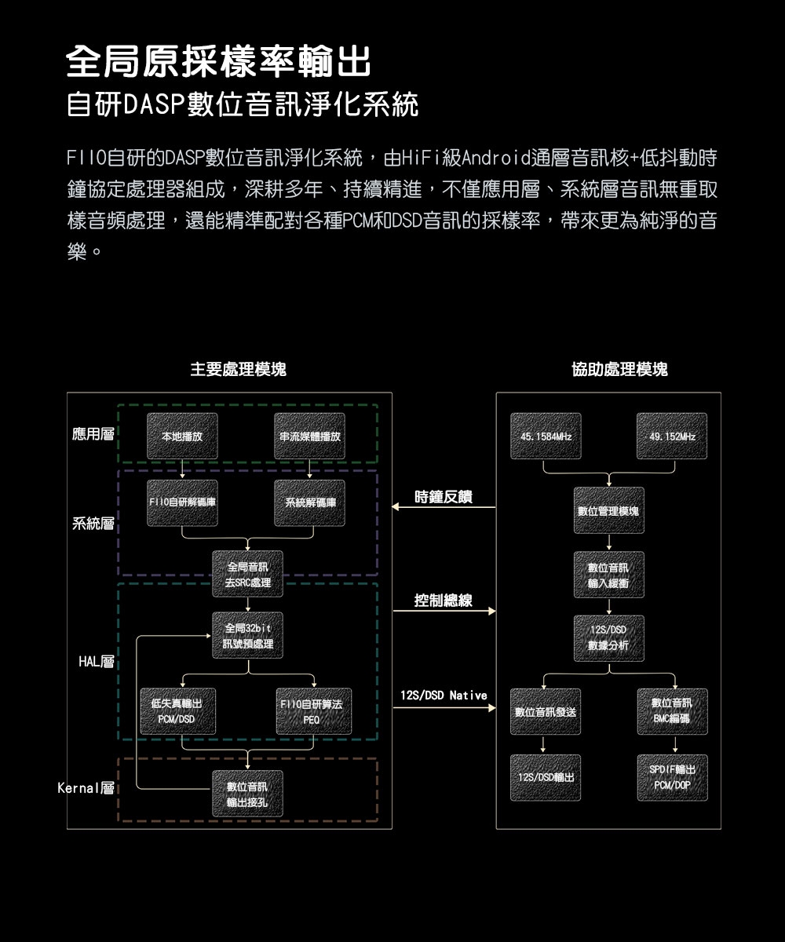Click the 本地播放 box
[x=182, y=436]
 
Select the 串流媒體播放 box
[x=310, y=436]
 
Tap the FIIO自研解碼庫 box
[x=182, y=502]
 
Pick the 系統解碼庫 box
[x=310, y=502]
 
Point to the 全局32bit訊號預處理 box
[x=247, y=636]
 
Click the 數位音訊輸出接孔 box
[x=247, y=794]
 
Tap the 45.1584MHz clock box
[x=546, y=436]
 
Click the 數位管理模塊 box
[x=608, y=511]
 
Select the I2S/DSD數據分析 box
[x=608, y=638]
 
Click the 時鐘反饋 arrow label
[x=444, y=496]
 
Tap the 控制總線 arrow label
[x=444, y=601]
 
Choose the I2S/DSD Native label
[x=444, y=696]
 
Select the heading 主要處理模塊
[x=239, y=369]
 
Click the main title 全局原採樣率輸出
[x=218, y=63]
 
